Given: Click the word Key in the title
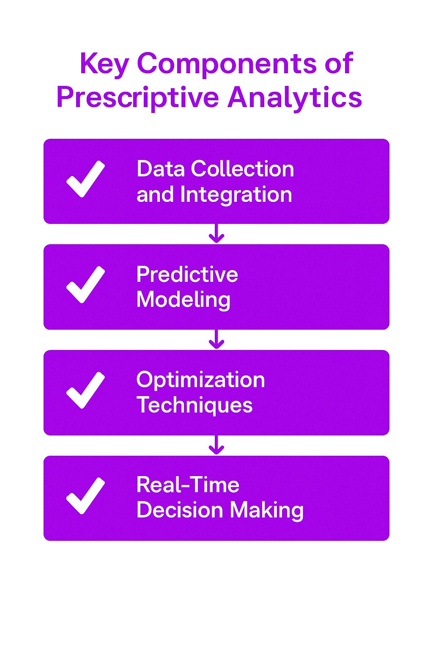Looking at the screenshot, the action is pos(104,64).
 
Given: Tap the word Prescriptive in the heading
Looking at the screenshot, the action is pos(137,98).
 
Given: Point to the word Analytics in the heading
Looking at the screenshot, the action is pos(294,98).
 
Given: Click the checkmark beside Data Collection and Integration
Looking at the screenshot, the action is pos(85,179).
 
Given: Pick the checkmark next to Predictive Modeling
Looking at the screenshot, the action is pos(85,284).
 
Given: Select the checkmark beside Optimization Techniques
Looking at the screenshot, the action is pos(85,390).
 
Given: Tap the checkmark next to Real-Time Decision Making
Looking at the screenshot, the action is pos(85,496).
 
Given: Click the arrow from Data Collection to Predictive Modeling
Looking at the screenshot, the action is pos(216,233).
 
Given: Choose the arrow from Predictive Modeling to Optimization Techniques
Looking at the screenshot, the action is pos(216,339).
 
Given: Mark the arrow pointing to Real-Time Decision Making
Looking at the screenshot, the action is pos(216,445).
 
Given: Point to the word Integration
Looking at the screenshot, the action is pos(236,194).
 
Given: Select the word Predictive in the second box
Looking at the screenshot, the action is pos(187,274).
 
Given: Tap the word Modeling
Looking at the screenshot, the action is pos(184,300).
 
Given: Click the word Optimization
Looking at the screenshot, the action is pos(201,380).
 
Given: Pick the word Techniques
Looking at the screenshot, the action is pos(195,405).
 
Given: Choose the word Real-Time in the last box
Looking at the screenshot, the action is pos(188,485).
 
